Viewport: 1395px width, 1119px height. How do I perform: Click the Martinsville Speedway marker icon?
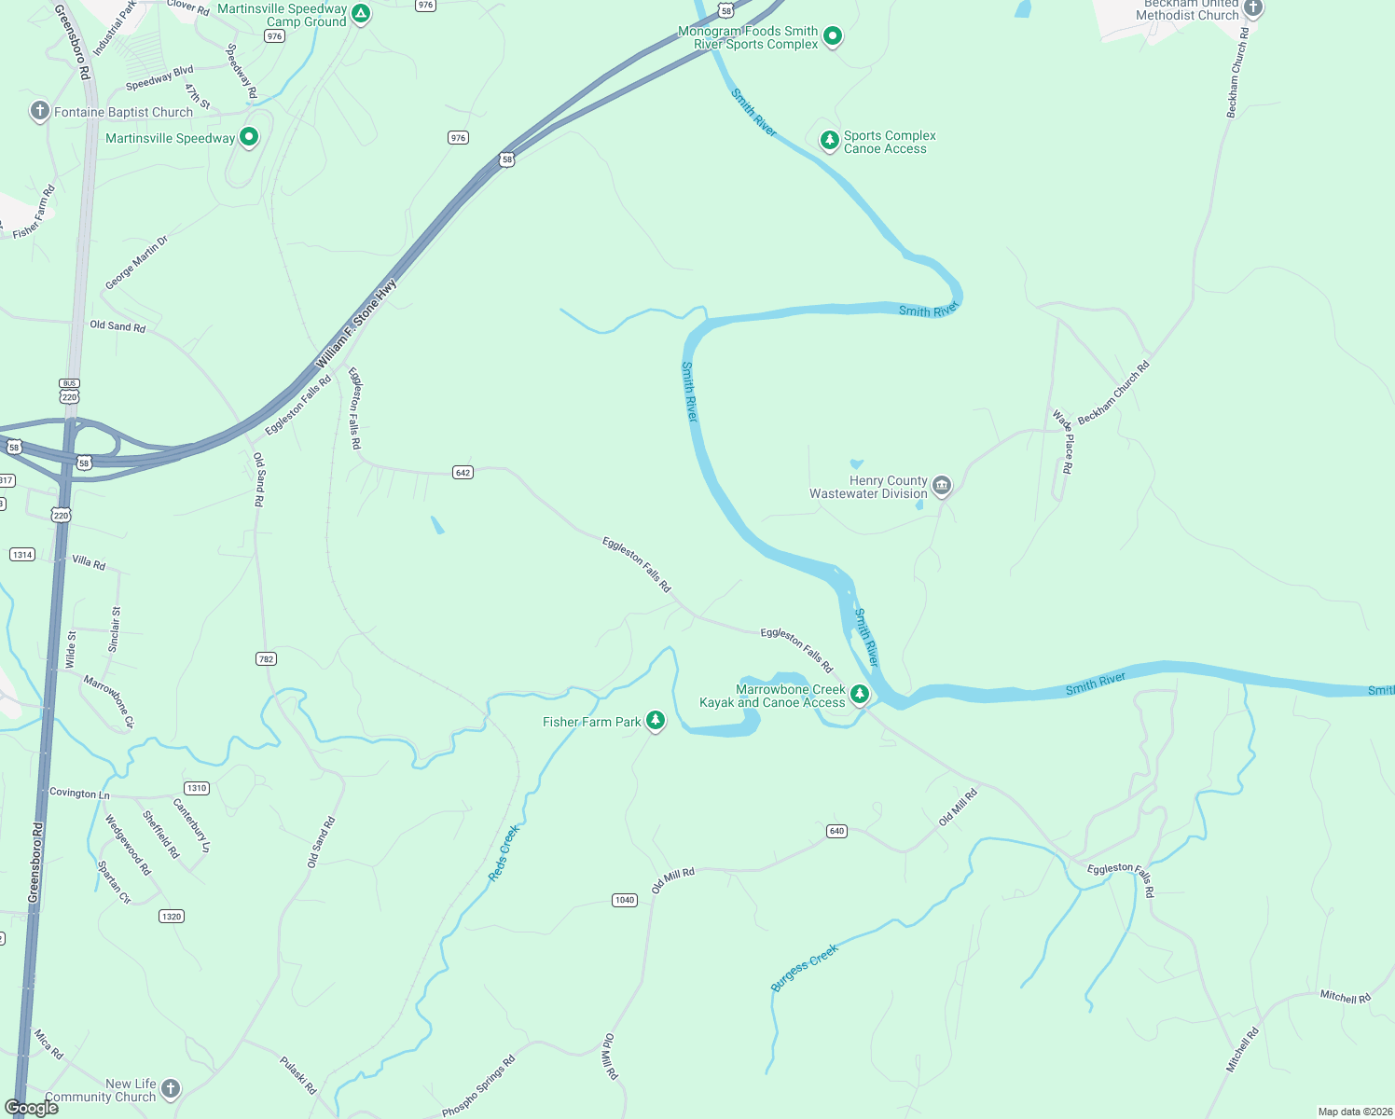pyautogui.click(x=249, y=137)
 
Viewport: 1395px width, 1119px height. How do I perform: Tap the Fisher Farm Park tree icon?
pyautogui.click(x=656, y=721)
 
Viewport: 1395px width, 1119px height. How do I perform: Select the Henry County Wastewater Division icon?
pyautogui.click(x=942, y=486)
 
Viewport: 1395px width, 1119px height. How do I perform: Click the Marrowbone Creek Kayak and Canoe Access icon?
pyautogui.click(x=860, y=694)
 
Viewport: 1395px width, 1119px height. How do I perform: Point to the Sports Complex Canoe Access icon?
pyautogui.click(x=829, y=140)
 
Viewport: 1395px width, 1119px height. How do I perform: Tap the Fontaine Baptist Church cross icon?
pyautogui.click(x=39, y=111)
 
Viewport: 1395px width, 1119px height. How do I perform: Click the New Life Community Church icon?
pyautogui.click(x=170, y=1087)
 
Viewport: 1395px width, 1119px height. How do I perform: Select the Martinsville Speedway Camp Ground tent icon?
pyautogui.click(x=361, y=14)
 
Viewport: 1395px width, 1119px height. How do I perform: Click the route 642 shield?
pyautogui.click(x=463, y=472)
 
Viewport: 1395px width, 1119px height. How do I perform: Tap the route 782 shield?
pyautogui.click(x=266, y=659)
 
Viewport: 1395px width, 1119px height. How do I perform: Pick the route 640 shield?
pyautogui.click(x=836, y=831)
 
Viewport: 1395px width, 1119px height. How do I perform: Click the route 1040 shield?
pyautogui.click(x=625, y=900)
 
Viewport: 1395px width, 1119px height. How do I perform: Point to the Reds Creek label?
pyautogui.click(x=504, y=852)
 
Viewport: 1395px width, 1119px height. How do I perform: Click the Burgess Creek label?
pyautogui.click(x=805, y=967)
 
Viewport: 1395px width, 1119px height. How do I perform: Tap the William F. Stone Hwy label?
pyautogui.click(x=357, y=324)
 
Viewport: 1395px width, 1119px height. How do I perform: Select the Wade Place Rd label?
pyautogui.click(x=1063, y=441)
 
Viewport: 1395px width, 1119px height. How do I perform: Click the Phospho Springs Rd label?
pyautogui.click(x=478, y=1086)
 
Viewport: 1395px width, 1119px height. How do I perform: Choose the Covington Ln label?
pyautogui.click(x=79, y=794)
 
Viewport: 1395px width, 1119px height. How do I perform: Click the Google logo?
pyautogui.click(x=32, y=1107)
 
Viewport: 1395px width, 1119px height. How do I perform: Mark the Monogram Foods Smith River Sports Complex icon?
pyautogui.click(x=833, y=36)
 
